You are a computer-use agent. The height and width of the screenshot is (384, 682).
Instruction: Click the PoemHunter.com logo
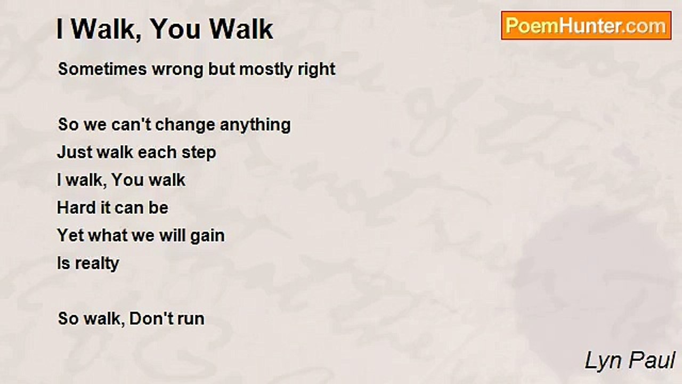(586, 26)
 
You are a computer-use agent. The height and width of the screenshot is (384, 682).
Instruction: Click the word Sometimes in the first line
(103, 69)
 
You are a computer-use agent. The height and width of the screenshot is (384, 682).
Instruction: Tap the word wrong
(178, 70)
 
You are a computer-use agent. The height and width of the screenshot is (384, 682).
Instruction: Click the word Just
(75, 153)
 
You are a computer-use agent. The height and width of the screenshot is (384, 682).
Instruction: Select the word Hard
(76, 208)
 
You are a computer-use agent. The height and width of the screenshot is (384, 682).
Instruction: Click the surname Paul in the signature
(652, 361)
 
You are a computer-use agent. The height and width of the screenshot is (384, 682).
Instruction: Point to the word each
(157, 153)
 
